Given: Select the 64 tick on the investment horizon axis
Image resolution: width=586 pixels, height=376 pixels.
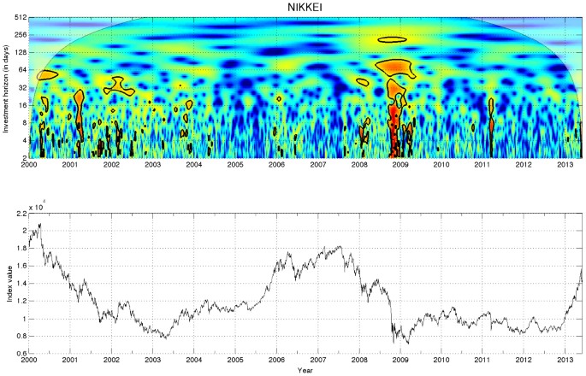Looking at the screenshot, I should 23,69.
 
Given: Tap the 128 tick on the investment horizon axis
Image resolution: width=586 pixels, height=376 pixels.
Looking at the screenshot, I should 21,52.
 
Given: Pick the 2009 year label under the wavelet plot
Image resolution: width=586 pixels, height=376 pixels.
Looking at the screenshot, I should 400,165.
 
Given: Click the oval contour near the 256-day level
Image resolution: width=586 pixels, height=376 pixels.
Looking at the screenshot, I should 393,39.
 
